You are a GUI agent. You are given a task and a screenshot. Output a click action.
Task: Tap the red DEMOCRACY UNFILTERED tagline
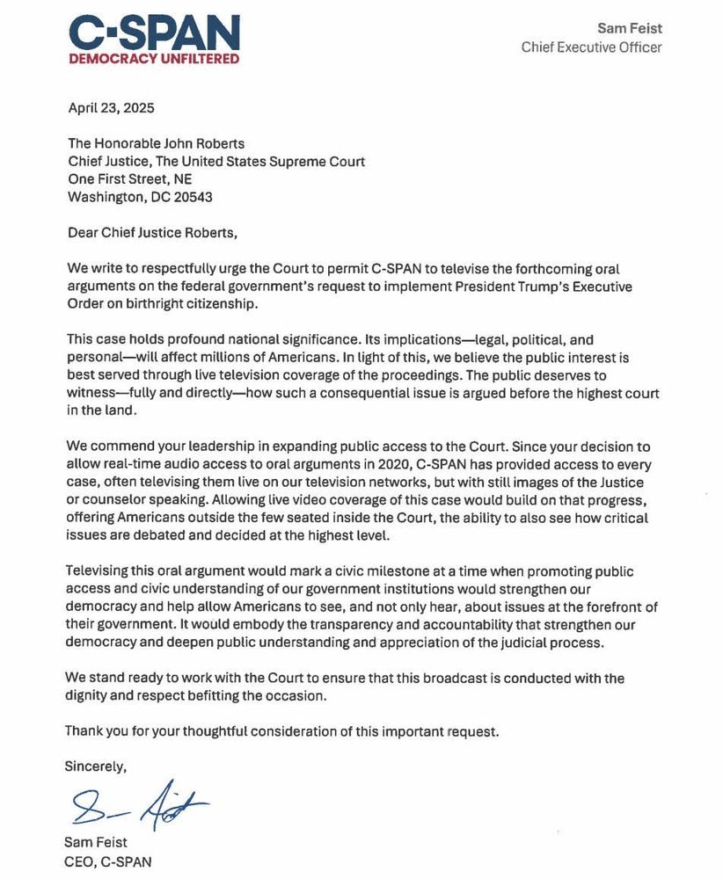click(x=154, y=59)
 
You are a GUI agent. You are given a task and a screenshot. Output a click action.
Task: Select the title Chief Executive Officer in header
click(x=591, y=47)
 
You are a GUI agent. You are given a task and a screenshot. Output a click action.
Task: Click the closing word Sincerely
click(x=96, y=766)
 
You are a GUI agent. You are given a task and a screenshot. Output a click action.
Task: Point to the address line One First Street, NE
click(x=129, y=179)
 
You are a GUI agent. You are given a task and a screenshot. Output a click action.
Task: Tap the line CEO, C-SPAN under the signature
click(x=101, y=862)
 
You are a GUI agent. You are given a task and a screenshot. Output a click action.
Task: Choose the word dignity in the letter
click(x=88, y=696)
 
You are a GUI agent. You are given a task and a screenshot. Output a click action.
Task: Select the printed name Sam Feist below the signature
click(x=95, y=844)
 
